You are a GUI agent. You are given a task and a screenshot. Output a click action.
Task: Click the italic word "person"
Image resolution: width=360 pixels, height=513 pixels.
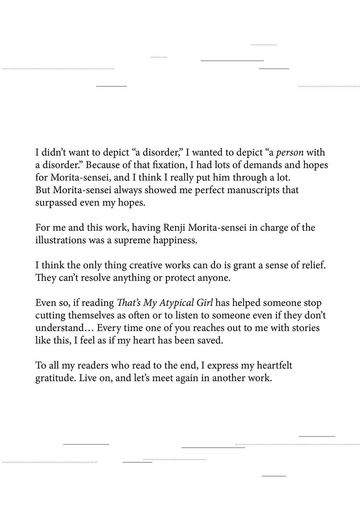290,153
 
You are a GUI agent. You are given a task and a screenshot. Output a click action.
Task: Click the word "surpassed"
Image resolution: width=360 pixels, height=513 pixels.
56,203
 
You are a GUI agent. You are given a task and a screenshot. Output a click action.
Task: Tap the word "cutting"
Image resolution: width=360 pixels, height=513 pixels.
50,315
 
